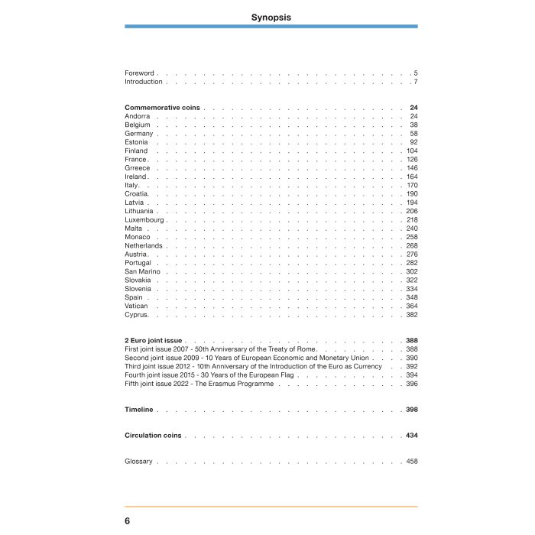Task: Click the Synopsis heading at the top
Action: pos(271,17)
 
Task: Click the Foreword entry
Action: pos(139,73)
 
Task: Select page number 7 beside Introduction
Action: pos(415,82)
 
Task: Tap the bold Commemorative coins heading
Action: pos(162,108)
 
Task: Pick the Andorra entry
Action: pos(137,116)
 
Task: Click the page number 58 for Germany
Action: pos(413,134)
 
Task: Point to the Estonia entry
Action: pos(136,142)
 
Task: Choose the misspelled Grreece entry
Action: pos(138,168)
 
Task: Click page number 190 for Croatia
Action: pos(412,194)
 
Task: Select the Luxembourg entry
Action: pos(144,220)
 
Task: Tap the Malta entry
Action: pos(134,229)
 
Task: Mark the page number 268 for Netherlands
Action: pos(412,246)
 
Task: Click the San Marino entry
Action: pos(142,271)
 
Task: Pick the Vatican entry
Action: pos(136,306)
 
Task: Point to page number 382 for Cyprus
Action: pos(412,315)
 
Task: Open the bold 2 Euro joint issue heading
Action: pos(153,340)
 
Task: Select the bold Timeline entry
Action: pos(139,410)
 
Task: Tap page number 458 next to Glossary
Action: pos(412,462)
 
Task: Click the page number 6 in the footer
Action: pos(128,520)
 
